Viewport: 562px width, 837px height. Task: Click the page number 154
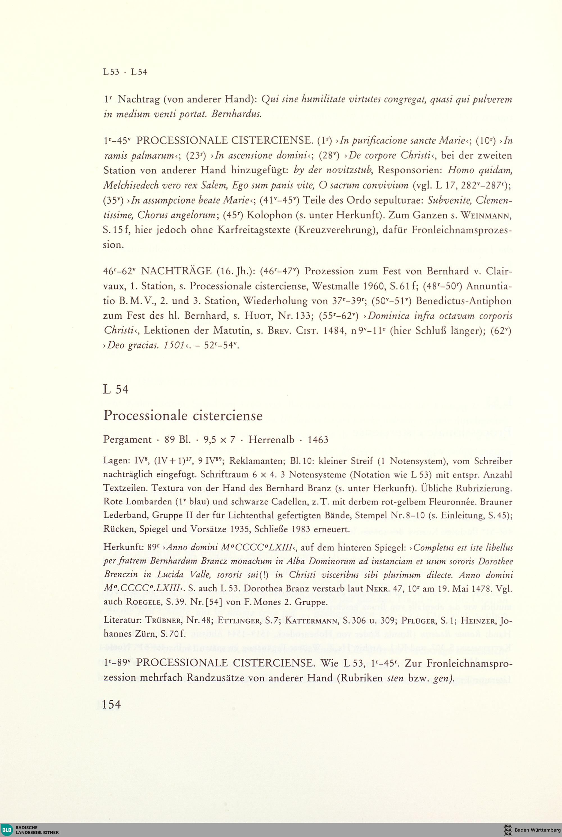point(112,705)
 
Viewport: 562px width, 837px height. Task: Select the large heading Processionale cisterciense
point(183,415)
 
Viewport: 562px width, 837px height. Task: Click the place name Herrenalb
point(271,440)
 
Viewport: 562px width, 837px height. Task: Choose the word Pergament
point(127,440)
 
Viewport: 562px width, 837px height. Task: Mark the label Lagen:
point(115,461)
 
